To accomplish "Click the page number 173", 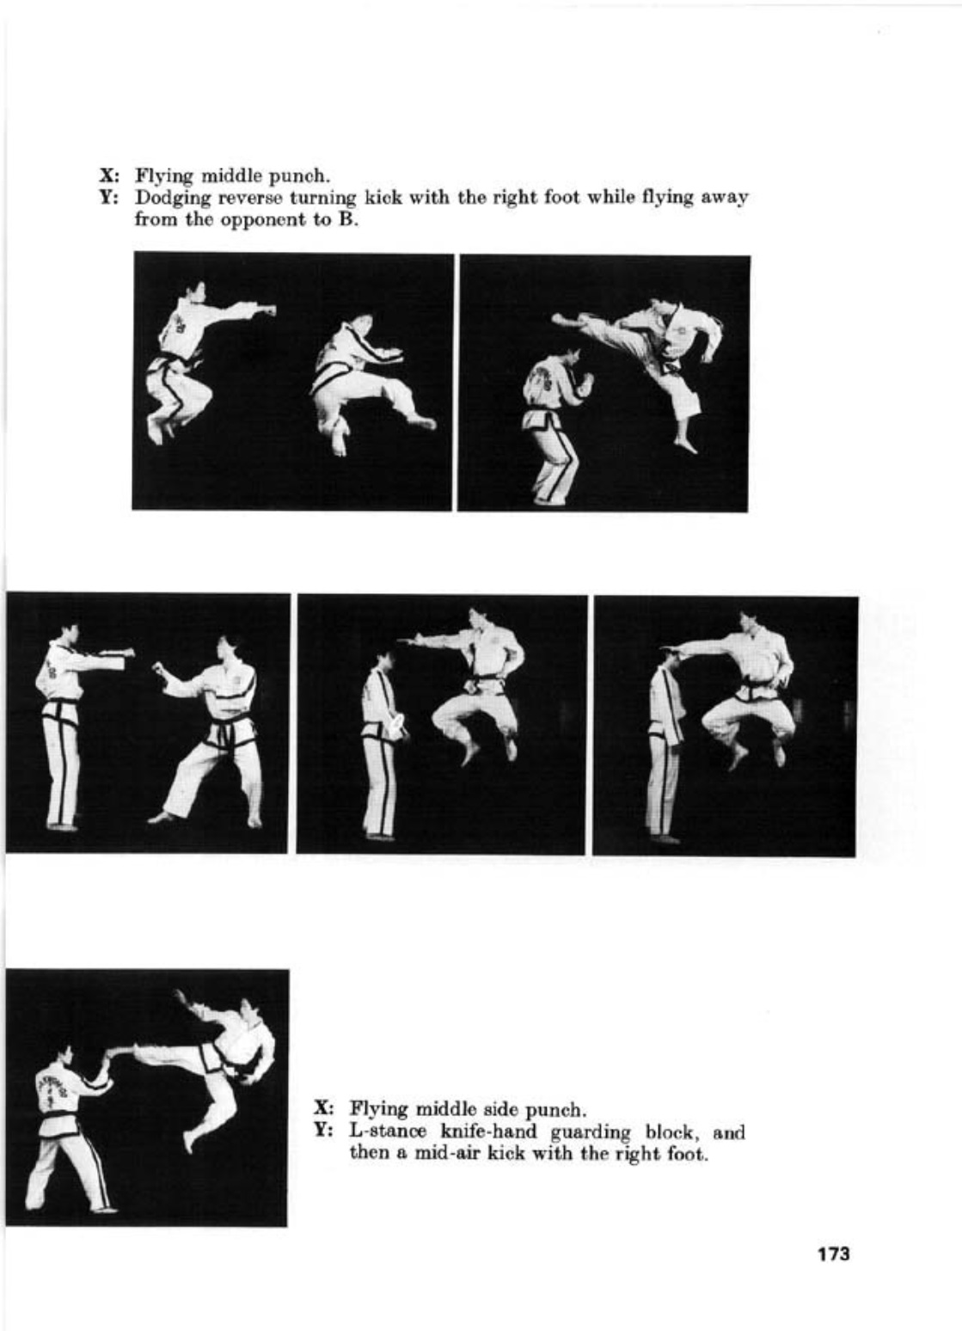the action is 833,1249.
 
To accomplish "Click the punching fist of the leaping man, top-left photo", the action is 268,310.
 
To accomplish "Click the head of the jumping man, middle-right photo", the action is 750,623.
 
